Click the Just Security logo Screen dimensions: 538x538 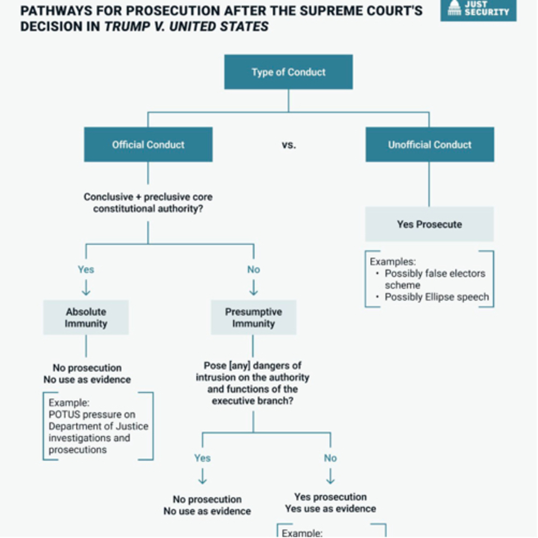(478, 9)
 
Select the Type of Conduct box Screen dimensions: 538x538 (289, 72)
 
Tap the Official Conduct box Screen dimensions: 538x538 (148, 145)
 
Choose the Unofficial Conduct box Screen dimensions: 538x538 (430, 145)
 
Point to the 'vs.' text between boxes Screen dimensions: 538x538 (289, 145)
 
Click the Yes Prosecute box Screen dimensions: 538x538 (429, 224)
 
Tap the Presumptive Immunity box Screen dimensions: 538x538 (253, 317)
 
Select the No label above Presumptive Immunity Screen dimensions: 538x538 (253, 270)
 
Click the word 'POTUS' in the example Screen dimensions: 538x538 (64, 415)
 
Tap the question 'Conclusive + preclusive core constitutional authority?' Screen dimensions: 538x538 (148, 203)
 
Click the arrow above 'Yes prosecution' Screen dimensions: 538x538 (330, 476)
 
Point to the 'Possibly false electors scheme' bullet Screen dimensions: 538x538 (434, 279)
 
